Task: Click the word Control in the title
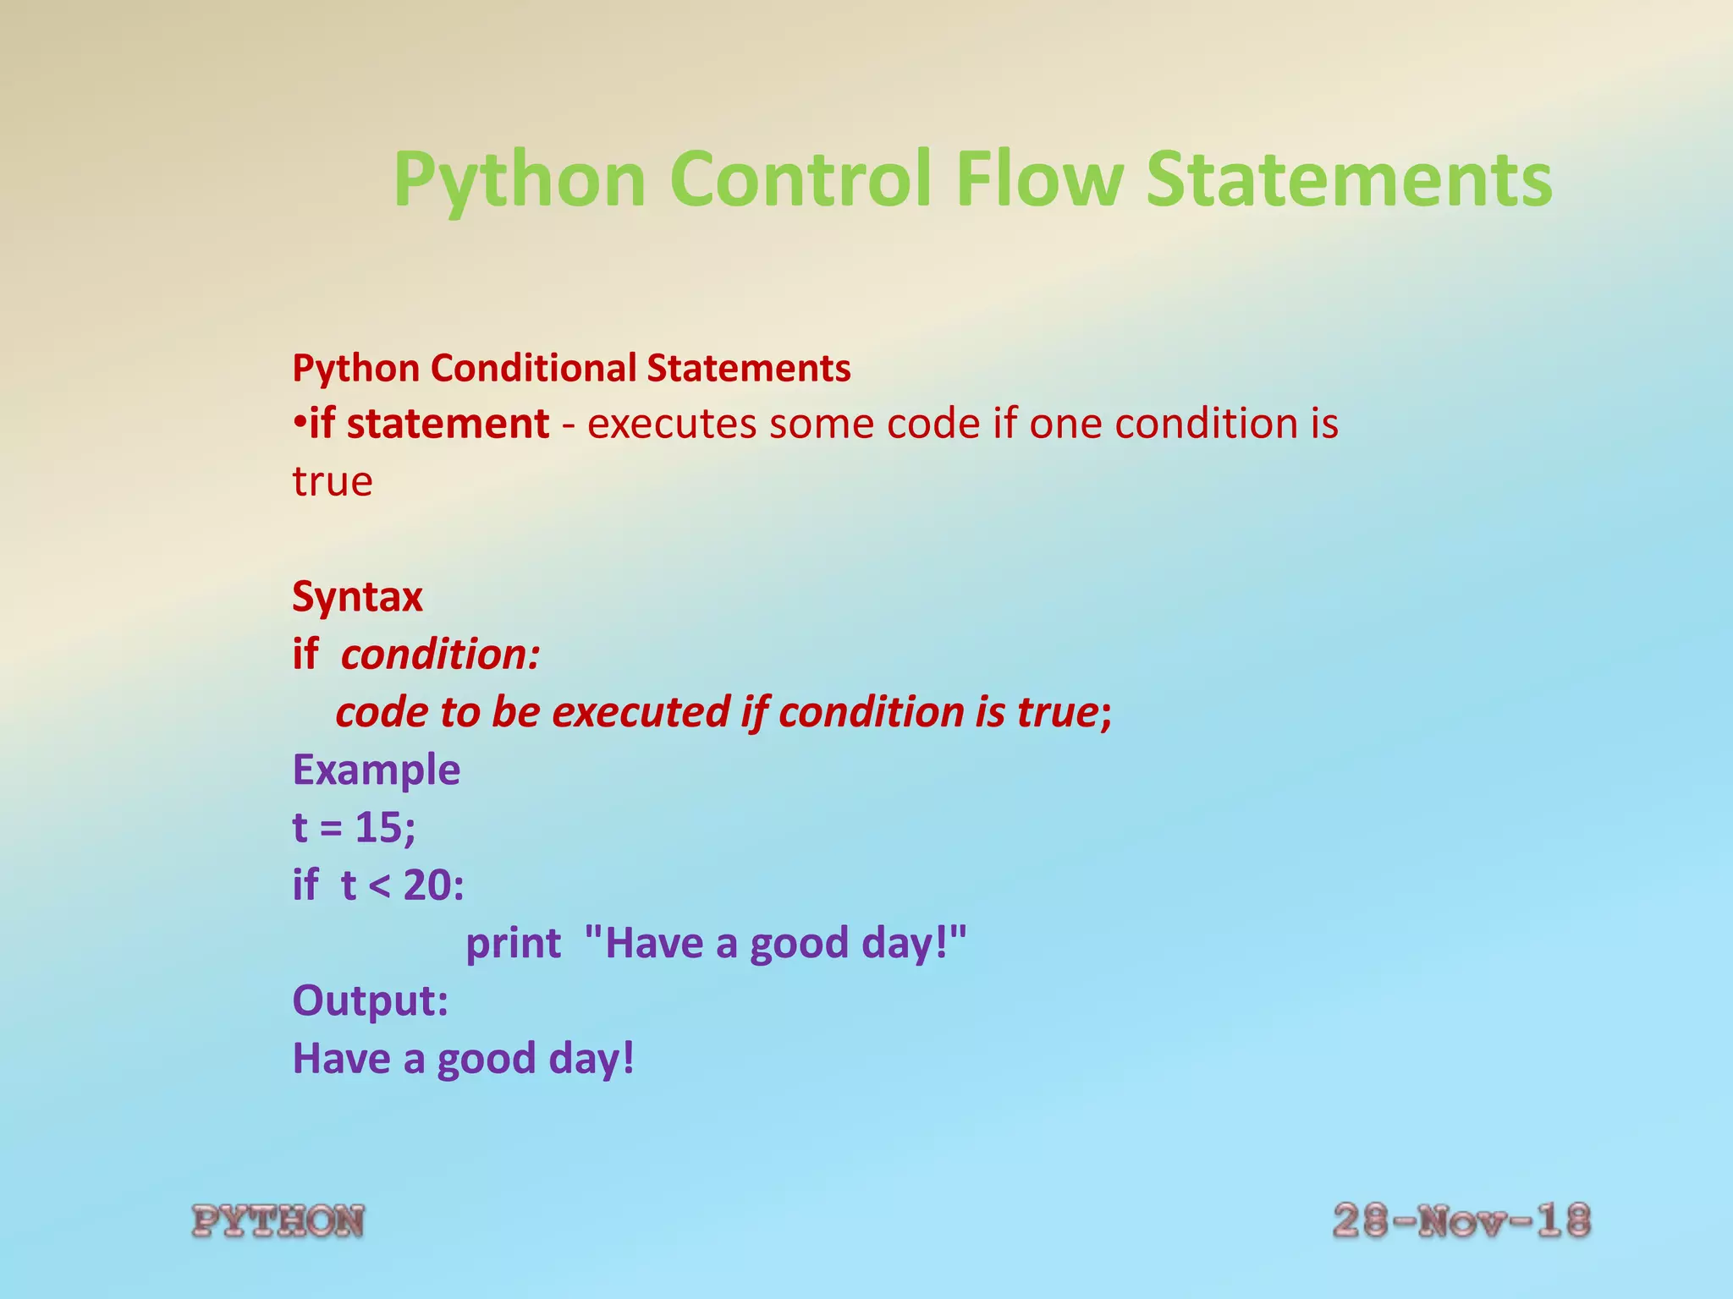[x=800, y=179]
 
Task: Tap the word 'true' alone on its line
[x=332, y=482]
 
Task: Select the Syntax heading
[x=357, y=597]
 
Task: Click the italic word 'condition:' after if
[x=440, y=655]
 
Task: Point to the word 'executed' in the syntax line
[x=641, y=712]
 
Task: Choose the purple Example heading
[x=376, y=770]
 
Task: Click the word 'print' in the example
[x=513, y=944]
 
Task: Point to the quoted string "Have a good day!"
[x=775, y=944]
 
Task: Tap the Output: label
[x=370, y=1001]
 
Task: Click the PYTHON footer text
[x=278, y=1222]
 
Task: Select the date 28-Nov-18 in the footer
[x=1461, y=1221]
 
